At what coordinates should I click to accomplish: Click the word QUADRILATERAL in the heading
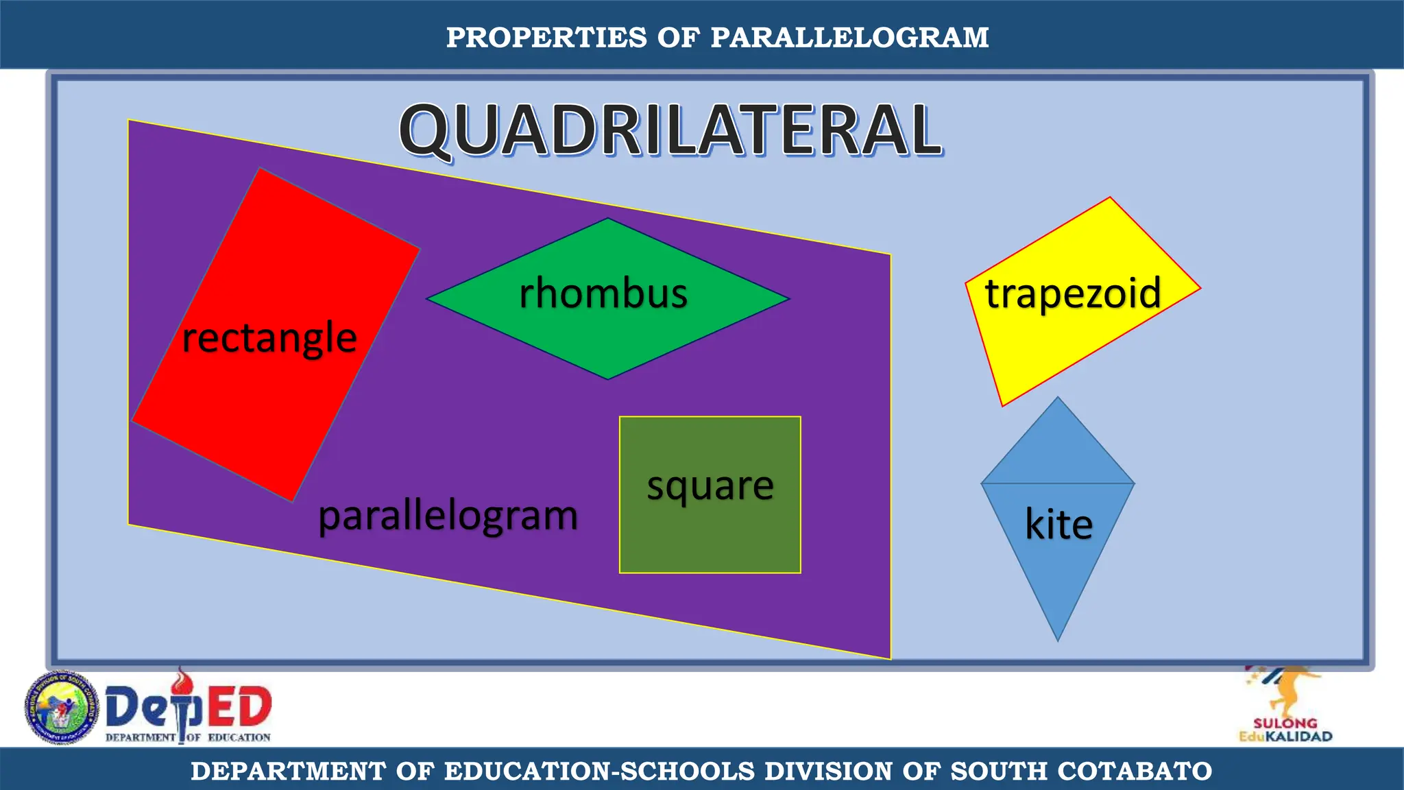[670, 130]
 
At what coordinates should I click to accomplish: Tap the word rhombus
[603, 294]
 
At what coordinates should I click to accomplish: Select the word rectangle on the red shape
[269, 337]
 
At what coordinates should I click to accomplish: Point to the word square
[710, 486]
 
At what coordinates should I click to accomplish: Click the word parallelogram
[448, 516]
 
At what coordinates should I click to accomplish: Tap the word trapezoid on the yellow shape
[1073, 294]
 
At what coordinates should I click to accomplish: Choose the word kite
[1058, 525]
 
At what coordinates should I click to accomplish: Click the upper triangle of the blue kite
[1058, 453]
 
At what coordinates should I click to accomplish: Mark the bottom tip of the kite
[1058, 639]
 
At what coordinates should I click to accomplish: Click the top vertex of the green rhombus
[608, 219]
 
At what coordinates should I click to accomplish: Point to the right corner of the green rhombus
[788, 299]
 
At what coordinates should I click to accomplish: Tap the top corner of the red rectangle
[260, 169]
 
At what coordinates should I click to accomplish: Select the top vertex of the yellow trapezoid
[1109, 199]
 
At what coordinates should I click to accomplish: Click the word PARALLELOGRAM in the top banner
[849, 38]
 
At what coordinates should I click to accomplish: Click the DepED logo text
[189, 708]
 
